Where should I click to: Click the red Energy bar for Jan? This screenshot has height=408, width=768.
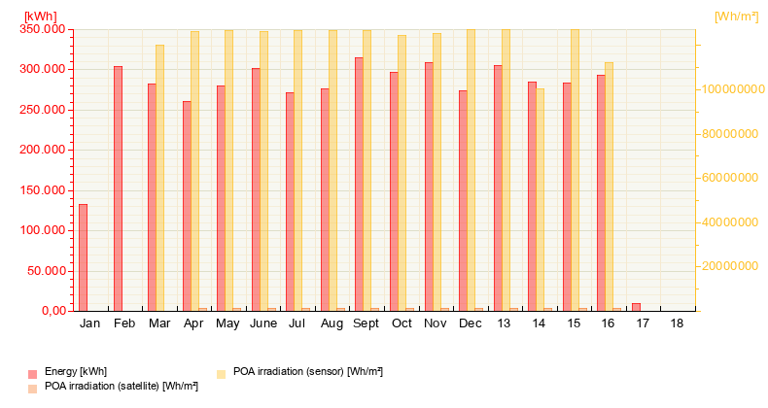click(x=83, y=257)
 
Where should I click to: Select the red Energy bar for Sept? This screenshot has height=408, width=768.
click(x=359, y=184)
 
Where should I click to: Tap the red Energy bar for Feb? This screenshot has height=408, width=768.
click(x=118, y=188)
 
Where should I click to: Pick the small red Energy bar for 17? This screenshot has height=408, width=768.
click(x=636, y=307)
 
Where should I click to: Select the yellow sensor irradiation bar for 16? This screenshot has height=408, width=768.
click(x=609, y=187)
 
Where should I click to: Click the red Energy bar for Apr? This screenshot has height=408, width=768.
click(x=187, y=206)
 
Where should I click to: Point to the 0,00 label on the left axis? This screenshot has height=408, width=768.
click(x=50, y=311)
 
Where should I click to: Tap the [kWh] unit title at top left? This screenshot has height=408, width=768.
click(x=40, y=16)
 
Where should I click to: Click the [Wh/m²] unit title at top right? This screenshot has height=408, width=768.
click(x=736, y=16)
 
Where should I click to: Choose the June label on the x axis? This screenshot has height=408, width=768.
click(x=262, y=323)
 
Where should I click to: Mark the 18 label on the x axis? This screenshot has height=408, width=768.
click(x=677, y=323)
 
